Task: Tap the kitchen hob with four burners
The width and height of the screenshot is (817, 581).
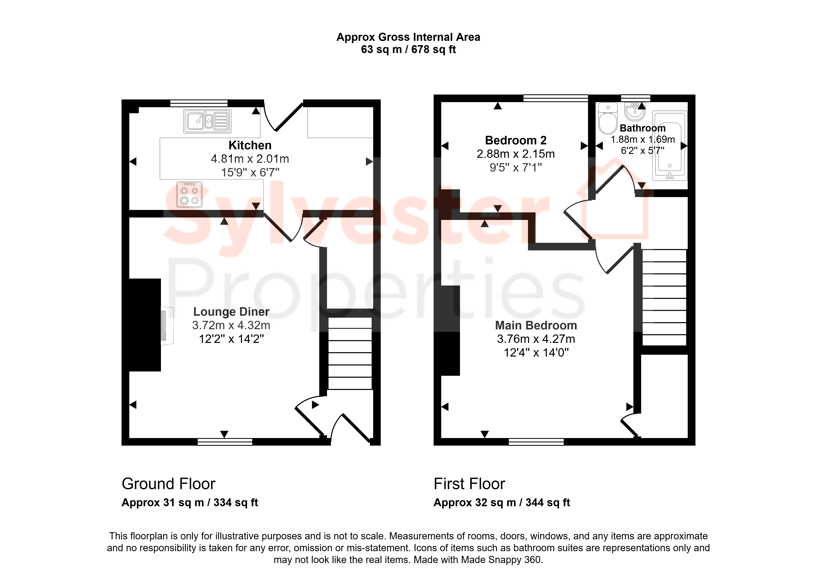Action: click(189, 195)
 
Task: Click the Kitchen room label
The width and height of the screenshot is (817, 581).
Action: click(250, 145)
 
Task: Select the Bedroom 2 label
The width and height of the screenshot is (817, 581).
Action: click(516, 140)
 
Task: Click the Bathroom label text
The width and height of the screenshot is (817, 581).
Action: click(643, 128)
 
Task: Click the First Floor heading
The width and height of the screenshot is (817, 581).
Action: click(469, 484)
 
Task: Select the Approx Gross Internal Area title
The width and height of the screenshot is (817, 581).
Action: click(408, 37)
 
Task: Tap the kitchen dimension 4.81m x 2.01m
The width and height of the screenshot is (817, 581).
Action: click(250, 159)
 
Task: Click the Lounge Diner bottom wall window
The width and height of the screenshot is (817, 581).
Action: click(225, 442)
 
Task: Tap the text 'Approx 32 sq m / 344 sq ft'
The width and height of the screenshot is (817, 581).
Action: click(502, 503)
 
